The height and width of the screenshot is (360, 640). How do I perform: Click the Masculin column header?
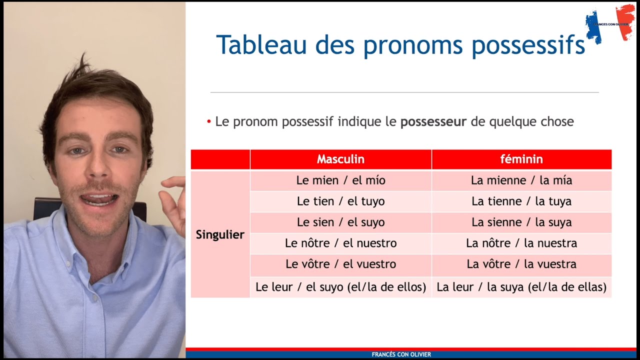click(x=340, y=159)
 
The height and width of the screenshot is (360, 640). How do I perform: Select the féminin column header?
click(x=521, y=159)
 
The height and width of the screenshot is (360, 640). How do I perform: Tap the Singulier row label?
click(x=220, y=234)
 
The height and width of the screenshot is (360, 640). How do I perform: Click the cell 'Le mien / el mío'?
click(x=340, y=180)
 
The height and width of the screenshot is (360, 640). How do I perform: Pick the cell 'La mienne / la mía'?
click(x=521, y=180)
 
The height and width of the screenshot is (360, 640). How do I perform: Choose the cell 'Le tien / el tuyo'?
click(x=340, y=201)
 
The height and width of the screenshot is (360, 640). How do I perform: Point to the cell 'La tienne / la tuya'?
click(x=521, y=201)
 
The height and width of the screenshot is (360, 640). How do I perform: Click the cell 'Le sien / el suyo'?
click(x=340, y=222)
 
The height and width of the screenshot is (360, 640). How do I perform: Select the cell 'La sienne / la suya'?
click(x=521, y=222)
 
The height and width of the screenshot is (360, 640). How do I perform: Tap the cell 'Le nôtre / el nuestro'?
click(x=340, y=243)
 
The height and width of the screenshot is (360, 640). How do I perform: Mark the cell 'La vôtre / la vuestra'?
click(x=521, y=264)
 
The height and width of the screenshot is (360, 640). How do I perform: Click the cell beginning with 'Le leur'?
click(x=340, y=287)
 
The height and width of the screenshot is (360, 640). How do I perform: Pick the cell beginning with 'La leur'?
click(x=521, y=287)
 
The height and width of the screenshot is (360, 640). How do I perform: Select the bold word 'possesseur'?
click(x=433, y=121)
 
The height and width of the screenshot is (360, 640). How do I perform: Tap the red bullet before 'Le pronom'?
click(x=209, y=122)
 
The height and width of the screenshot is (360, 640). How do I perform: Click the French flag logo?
click(x=609, y=23)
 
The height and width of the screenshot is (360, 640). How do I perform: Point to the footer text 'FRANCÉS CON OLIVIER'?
click(x=401, y=354)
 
